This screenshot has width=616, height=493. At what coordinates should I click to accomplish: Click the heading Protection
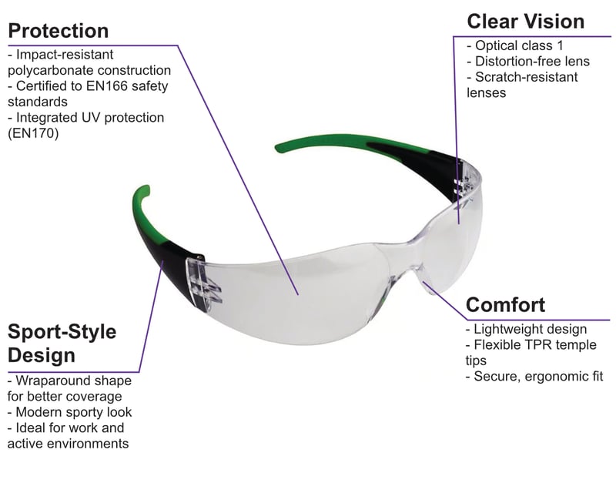(x=58, y=32)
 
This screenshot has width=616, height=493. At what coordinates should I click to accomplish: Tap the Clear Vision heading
(x=526, y=21)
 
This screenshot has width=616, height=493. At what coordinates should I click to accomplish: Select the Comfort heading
(x=506, y=304)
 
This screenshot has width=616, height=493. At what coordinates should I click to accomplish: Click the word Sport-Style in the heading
(x=62, y=332)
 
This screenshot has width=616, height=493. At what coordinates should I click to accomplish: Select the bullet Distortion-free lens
(x=528, y=62)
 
